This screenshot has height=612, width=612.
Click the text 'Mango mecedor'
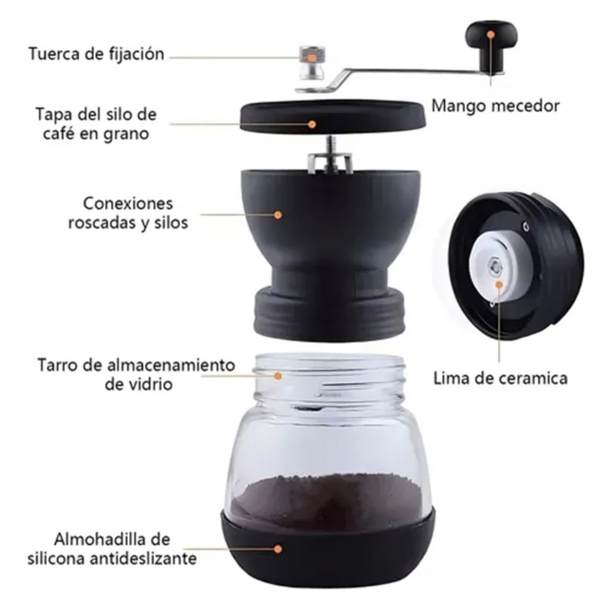(495, 106)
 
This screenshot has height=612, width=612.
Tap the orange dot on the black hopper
(278, 213)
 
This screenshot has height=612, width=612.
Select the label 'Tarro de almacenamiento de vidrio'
(137, 374)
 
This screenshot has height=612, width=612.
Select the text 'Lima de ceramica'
(500, 378)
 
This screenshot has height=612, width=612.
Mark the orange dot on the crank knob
(490, 35)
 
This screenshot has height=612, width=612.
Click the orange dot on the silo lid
(312, 124)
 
